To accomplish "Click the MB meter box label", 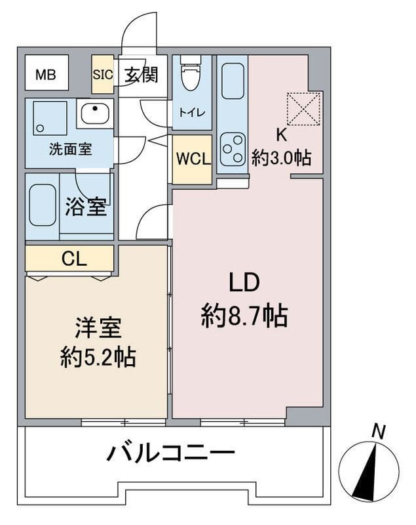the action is pyautogui.click(x=46, y=74).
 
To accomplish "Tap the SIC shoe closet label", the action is pyautogui.click(x=103, y=74).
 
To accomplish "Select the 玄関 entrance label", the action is pyautogui.click(x=142, y=74).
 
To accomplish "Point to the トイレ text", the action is pyautogui.click(x=192, y=112).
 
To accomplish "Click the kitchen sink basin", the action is pyautogui.click(x=233, y=81).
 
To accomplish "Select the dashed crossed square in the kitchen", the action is pyautogui.click(x=304, y=109).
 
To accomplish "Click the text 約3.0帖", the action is pyautogui.click(x=281, y=158).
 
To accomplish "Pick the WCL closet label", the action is pyautogui.click(x=193, y=158).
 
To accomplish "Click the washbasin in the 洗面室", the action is pyautogui.click(x=95, y=113).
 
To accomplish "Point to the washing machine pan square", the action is pyautogui.click(x=49, y=118).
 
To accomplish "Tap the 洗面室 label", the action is pyautogui.click(x=71, y=149).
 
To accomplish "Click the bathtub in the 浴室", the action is pyautogui.click(x=42, y=205).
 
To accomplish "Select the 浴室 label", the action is pyautogui.click(x=86, y=207).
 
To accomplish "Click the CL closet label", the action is pyautogui.click(x=74, y=259).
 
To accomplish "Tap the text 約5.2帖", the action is pyautogui.click(x=98, y=358).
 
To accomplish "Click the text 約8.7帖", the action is pyautogui.click(x=244, y=316).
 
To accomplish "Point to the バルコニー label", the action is pyautogui.click(x=171, y=453).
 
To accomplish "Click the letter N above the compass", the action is pyautogui.click(x=379, y=432).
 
